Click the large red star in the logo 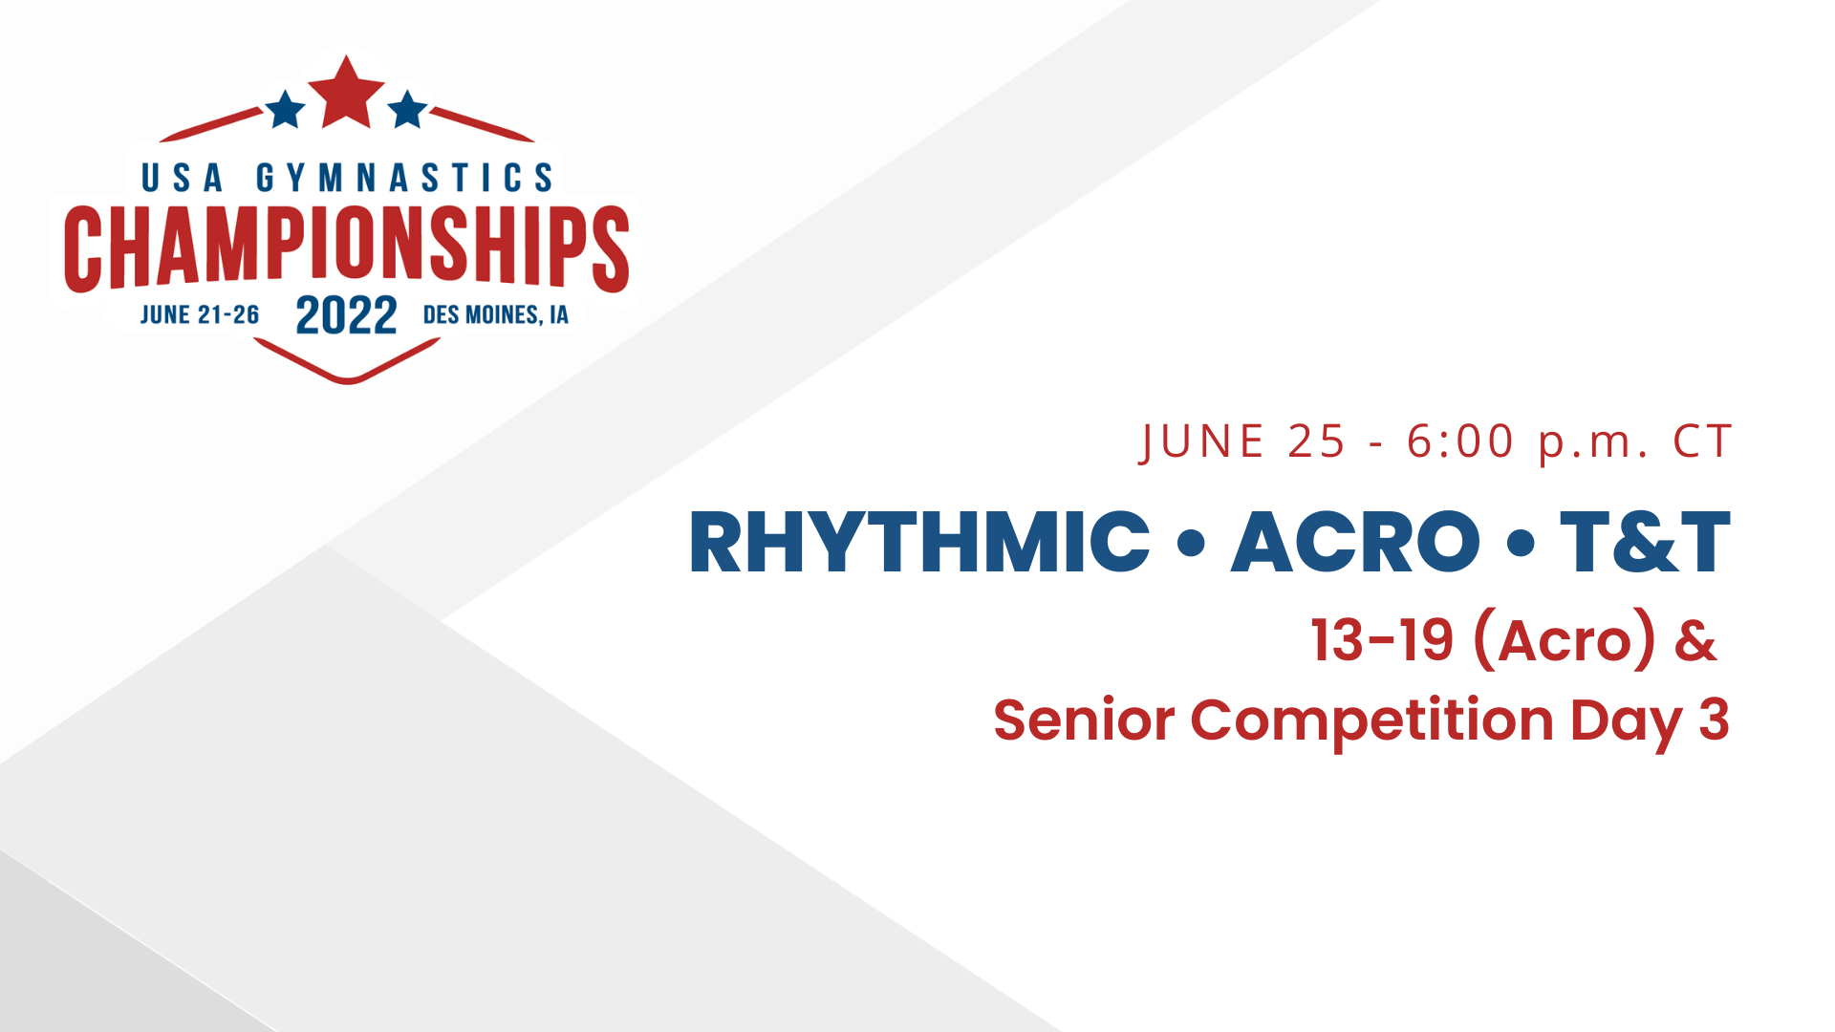346,94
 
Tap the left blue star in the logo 285,110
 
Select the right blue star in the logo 408,110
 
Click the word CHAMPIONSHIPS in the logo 346,247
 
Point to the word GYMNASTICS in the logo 404,178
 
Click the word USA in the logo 182,178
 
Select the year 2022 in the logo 346,315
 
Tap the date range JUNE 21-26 200,315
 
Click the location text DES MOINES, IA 495,315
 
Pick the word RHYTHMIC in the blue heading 918,543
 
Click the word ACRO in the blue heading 1354,543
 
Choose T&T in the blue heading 1645,543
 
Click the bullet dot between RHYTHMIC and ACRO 1191,544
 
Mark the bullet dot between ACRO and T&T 1520,544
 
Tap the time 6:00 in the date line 1460,441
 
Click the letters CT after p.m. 1702,441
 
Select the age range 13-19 1382,640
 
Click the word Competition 1371,721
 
